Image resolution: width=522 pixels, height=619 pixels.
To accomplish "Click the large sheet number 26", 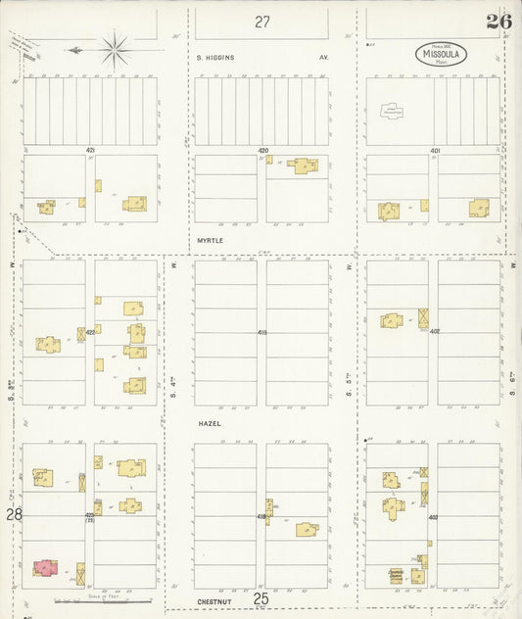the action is [498, 22].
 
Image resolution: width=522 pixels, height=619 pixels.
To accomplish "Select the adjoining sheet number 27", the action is [261, 21].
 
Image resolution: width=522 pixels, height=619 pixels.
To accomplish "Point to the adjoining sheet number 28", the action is [13, 513].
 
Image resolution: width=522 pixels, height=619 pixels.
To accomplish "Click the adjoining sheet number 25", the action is [261, 597].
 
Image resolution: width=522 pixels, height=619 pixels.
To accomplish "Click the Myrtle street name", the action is [210, 239].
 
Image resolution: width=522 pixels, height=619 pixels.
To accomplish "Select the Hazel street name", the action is [208, 423].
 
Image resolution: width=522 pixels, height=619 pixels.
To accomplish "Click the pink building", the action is [45, 566].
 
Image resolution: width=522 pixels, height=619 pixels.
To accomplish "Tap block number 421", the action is [90, 150].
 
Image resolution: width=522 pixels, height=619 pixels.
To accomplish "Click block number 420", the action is [262, 150].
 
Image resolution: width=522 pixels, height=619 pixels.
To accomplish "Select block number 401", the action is [435, 150].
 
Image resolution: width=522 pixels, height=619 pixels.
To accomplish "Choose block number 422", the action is [90, 332].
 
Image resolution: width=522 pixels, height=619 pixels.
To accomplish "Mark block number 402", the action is [434, 331].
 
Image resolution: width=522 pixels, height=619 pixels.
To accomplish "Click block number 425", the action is [90, 514].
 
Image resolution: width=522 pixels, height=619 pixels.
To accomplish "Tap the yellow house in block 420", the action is [304, 166].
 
